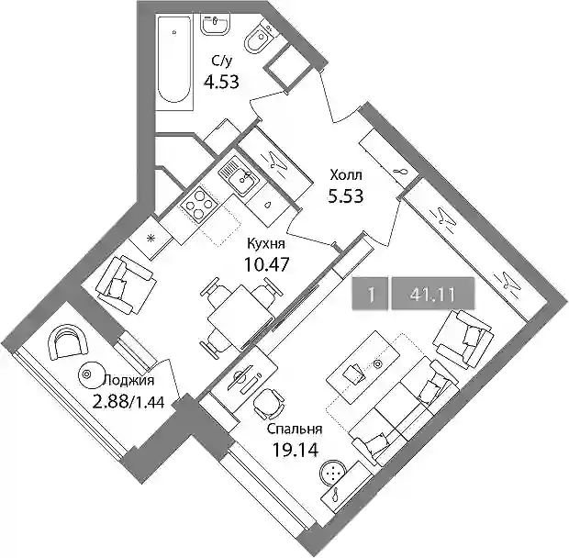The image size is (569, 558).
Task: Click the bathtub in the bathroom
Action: [x=174, y=59]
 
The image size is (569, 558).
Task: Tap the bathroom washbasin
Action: [x=215, y=25]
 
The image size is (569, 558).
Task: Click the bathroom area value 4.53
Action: [x=221, y=82]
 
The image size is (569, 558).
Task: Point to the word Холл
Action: [x=346, y=175]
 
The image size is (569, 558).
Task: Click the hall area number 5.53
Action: [x=346, y=196]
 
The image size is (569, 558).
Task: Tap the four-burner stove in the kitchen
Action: [x=198, y=205]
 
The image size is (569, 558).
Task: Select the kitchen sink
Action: [x=239, y=175]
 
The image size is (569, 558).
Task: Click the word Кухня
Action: [x=266, y=244]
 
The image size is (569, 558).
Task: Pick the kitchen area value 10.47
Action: [x=267, y=264]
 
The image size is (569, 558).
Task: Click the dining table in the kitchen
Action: [x=240, y=318]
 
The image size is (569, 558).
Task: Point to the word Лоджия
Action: [x=129, y=381]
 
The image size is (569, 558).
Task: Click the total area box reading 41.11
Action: [x=433, y=294]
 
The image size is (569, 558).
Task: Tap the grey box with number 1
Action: [x=371, y=294]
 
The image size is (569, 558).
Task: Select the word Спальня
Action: [x=295, y=429]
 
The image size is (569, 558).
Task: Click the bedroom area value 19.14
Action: [x=295, y=451]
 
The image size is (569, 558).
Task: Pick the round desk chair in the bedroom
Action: [x=269, y=405]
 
